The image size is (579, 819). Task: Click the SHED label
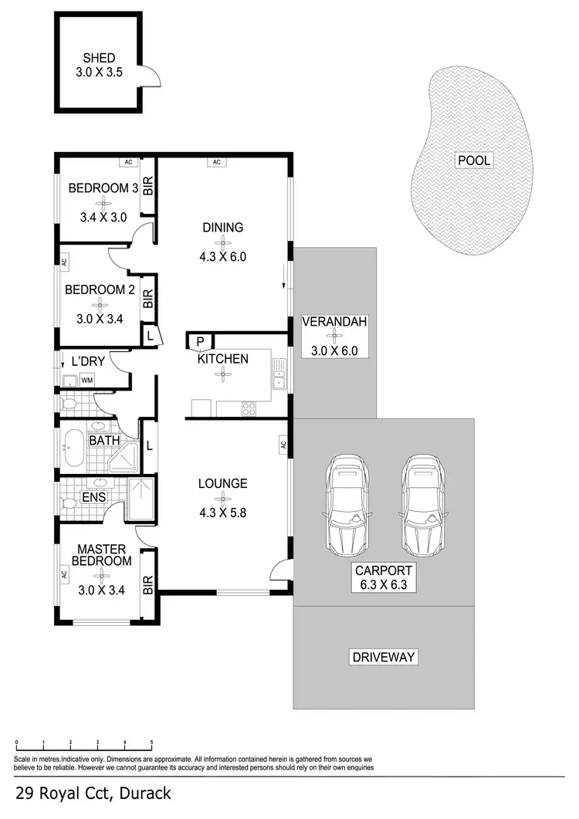coord(100,58)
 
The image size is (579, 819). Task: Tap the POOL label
coord(474,161)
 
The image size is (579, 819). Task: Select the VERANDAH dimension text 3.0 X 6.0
coord(334,350)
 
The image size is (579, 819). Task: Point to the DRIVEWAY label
coord(384,658)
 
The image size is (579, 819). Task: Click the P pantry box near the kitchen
coord(199,342)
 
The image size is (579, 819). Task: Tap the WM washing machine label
coord(87,380)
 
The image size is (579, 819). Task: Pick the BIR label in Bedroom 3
coord(148,186)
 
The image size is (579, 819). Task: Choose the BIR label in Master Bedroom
coord(148,585)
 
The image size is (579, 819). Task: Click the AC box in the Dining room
coord(217,162)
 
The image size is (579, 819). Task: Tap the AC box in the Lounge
coord(283,445)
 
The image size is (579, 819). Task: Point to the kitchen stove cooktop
coord(250,407)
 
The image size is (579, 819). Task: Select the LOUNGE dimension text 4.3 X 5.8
coord(222,510)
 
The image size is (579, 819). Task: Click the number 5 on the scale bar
coord(151,742)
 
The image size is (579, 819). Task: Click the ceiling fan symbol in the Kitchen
coord(222,373)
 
